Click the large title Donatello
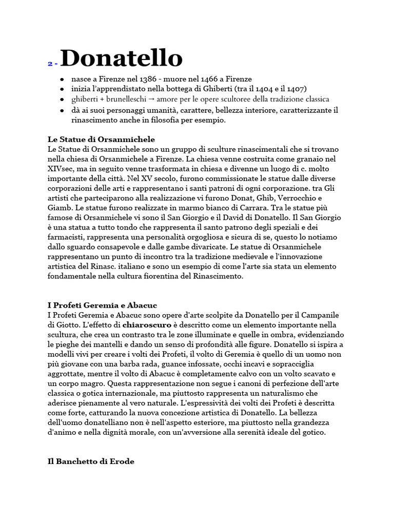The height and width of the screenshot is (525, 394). pos(121,58)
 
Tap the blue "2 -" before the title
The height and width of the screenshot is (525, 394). pos(52,64)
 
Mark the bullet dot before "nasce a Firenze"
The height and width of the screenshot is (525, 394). pos(62,79)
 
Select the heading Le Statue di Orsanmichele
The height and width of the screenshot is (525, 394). pos(101,139)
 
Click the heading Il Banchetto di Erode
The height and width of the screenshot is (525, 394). pos(91,461)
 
